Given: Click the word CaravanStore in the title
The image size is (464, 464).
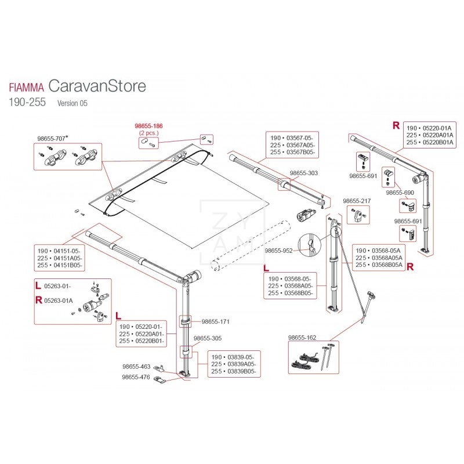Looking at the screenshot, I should [x=97, y=86].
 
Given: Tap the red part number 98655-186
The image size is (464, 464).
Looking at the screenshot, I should [x=148, y=125].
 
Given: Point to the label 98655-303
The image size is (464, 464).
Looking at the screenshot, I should [x=303, y=173].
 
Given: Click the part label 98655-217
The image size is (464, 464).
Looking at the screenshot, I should [x=356, y=201].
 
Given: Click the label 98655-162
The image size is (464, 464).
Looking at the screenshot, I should [x=302, y=336].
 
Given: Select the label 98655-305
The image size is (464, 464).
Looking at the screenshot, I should [x=207, y=338].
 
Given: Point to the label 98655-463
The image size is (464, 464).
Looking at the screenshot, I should [x=136, y=367].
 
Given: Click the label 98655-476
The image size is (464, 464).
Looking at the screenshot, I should [x=136, y=376].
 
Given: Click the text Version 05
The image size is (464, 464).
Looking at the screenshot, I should [x=72, y=103].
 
